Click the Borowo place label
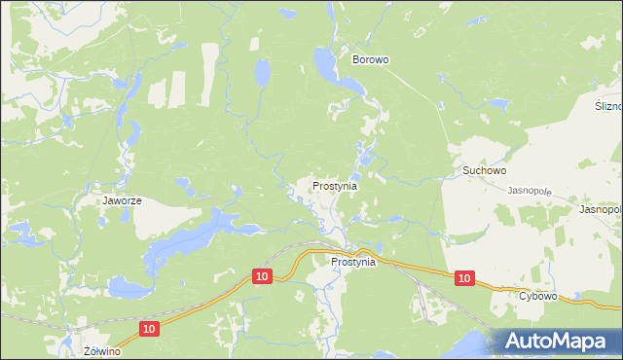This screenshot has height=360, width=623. coord(370,59)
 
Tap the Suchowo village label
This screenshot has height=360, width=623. coord(484,170)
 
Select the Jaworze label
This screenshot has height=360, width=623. coord(123,201)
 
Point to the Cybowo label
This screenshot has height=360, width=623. coord(537,296)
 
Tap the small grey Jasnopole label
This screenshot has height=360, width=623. coord(530,191)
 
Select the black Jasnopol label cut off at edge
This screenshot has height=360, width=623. coord(600,209)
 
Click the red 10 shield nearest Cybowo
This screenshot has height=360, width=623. coord(464,278)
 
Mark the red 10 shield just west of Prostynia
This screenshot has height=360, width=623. coord(261,276)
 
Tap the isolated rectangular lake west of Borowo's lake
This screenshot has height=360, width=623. coord(261,71)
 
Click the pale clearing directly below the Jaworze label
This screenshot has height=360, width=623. coord(156,223)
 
